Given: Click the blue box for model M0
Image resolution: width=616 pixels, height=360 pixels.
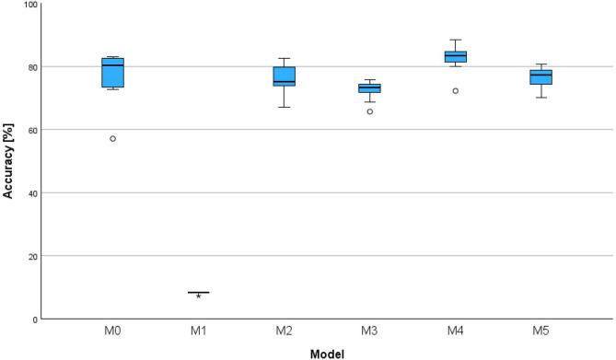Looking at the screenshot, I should pos(113,73).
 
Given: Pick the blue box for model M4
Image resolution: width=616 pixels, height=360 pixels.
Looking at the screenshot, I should pos(455,57).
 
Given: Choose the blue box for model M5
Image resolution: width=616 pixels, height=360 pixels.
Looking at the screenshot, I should pos(540,76).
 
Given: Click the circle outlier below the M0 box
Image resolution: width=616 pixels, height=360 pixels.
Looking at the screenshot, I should pos(113,139).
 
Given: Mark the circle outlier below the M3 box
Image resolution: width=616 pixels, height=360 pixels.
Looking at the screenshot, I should pos(369,111).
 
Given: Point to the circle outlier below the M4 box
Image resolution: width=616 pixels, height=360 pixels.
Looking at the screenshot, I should pos(455,91).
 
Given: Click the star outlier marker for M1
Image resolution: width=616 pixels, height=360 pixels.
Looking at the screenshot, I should pos(198,296).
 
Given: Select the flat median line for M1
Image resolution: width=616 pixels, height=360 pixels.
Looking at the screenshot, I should pos(198,292).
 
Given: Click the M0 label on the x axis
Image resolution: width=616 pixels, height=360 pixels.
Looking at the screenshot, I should pos(113,329).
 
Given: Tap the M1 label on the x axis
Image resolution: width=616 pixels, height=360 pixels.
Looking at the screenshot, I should pos(198,329).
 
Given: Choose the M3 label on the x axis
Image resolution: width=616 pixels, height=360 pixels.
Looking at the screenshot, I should pos(369,329).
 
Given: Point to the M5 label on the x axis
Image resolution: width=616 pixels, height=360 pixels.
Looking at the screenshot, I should pos(540,329).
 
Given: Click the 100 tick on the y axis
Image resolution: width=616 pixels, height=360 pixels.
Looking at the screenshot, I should pos(29,5).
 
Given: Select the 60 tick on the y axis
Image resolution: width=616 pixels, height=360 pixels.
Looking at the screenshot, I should pos(32,130).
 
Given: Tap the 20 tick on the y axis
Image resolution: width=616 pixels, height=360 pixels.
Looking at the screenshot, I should pos(32,256).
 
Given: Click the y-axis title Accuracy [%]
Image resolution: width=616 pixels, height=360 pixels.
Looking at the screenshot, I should pos(8,160).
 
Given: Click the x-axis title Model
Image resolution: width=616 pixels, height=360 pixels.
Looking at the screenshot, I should pos(327,352).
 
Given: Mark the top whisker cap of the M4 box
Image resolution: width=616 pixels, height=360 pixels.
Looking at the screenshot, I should pos(455,40).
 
